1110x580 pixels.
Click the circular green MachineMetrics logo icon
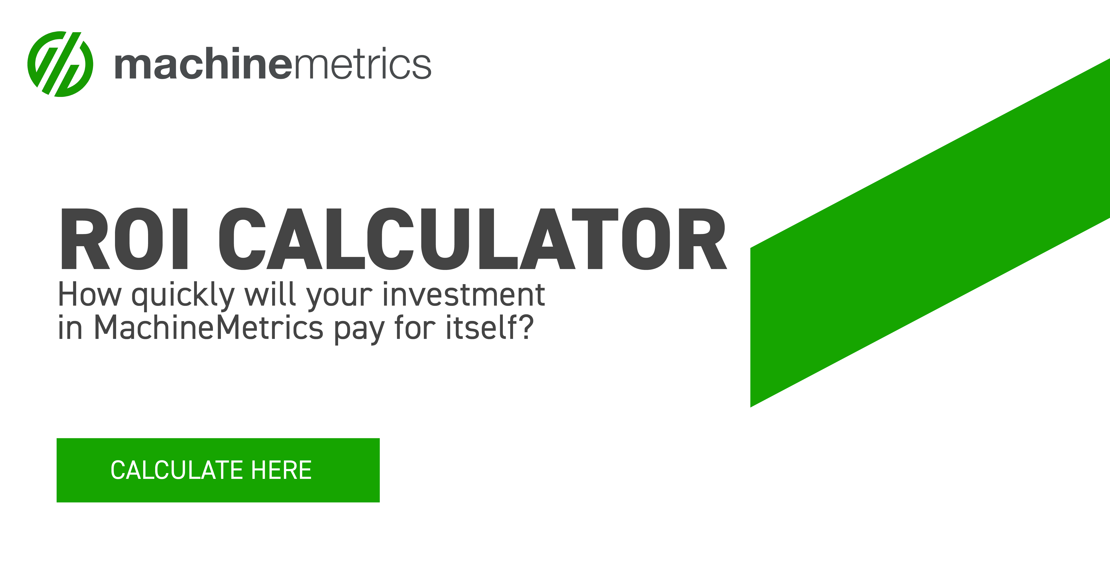point(60,64)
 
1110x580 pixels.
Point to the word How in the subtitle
point(90,295)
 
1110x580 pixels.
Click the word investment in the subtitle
point(464,295)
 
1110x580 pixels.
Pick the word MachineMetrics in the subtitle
point(208,328)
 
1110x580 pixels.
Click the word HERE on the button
point(281,470)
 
